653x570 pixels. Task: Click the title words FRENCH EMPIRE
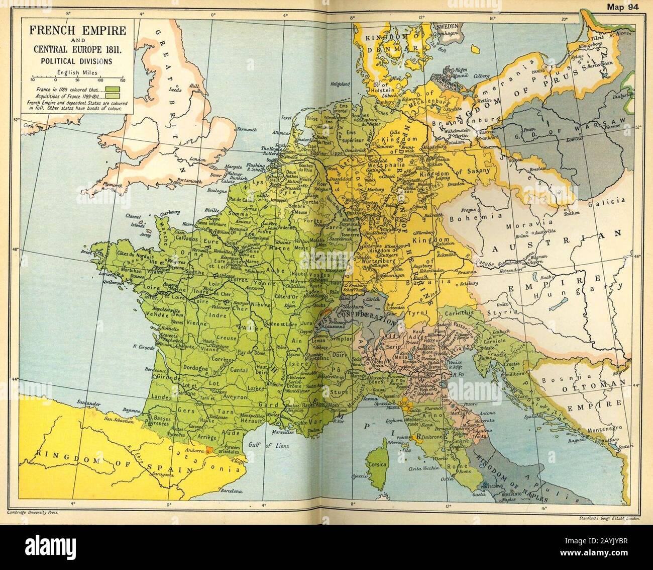coord(77,30)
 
